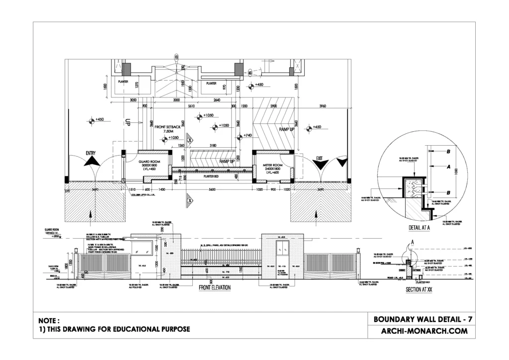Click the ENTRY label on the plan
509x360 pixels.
pyautogui.click(x=90, y=153)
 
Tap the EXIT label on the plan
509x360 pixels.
pyautogui.click(x=320, y=159)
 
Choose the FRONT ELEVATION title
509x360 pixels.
pyautogui.click(x=215, y=287)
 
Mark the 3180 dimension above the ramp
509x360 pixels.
pyautogui.click(x=214, y=146)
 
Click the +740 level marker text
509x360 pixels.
pyautogui.click(x=248, y=136)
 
